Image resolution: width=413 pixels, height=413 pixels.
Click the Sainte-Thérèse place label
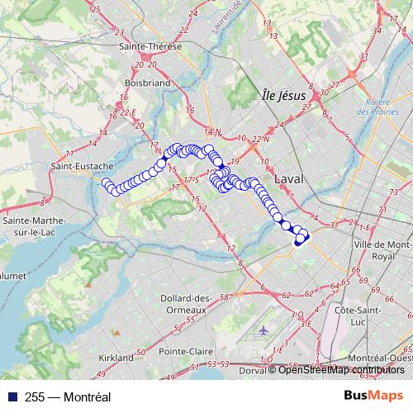(151, 46)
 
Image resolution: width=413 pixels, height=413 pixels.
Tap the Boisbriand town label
(147, 83)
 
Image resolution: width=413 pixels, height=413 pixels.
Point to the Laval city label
(289, 178)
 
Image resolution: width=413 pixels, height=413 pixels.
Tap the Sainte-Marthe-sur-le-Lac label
(37, 226)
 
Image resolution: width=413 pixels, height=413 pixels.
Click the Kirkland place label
(116, 358)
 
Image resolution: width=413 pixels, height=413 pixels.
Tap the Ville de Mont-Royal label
(382, 250)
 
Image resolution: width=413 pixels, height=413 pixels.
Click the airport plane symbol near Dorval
(263, 330)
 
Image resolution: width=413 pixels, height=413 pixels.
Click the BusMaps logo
(378, 396)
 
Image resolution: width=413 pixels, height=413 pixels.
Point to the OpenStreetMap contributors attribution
(340, 369)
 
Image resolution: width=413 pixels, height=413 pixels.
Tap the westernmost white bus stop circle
(106, 183)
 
